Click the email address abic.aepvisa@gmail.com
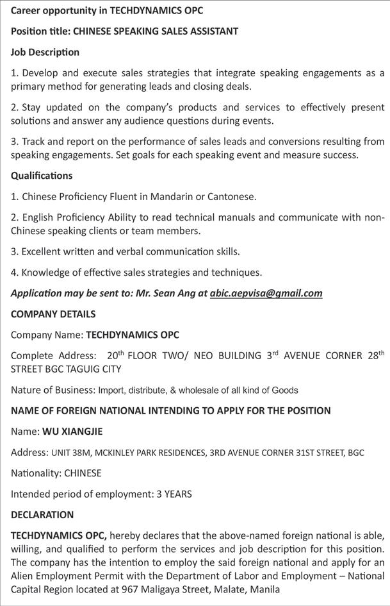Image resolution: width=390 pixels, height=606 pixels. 266,294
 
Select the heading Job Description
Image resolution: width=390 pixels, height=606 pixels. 45,52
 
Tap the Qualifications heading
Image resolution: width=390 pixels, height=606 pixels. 42,176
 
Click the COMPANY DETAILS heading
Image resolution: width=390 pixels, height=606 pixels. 53,314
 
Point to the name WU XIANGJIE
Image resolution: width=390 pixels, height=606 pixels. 72,432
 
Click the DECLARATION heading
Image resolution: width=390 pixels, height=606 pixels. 42,514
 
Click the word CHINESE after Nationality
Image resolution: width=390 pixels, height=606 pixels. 80,473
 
